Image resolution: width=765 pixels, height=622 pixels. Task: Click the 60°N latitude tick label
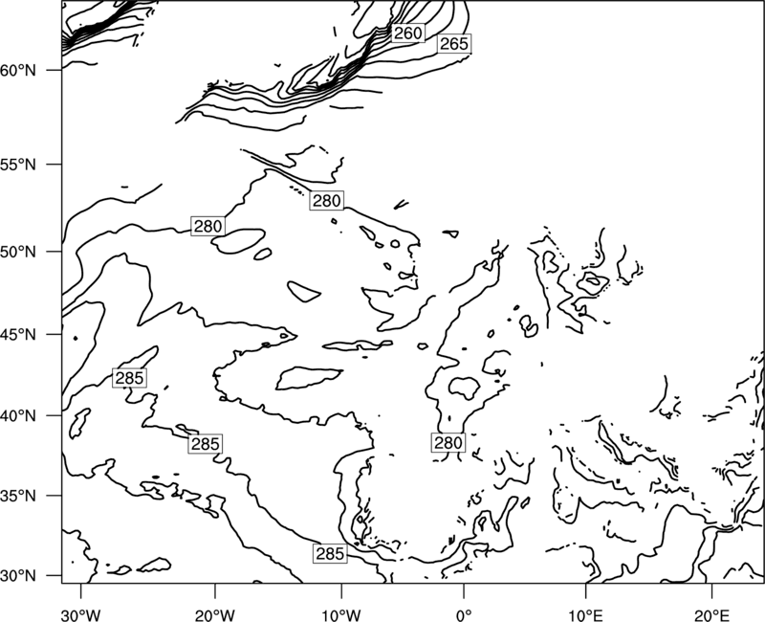pyautogui.click(x=18, y=70)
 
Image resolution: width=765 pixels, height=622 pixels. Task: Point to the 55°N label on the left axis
pyautogui.click(x=18, y=165)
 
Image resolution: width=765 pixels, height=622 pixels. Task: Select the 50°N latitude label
pyautogui.click(x=18, y=252)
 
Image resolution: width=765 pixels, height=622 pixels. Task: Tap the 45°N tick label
pyautogui.click(x=18, y=334)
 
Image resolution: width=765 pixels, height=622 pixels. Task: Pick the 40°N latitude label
pyautogui.click(x=18, y=415)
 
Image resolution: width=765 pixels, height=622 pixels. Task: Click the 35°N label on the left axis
pyautogui.click(x=18, y=496)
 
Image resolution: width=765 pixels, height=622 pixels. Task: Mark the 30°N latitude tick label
pyautogui.click(x=18, y=576)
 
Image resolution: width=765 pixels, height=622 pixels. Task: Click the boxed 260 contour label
pyautogui.click(x=407, y=33)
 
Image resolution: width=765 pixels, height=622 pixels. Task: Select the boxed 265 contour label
pyautogui.click(x=453, y=44)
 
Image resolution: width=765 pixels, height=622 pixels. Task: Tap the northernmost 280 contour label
pyautogui.click(x=326, y=201)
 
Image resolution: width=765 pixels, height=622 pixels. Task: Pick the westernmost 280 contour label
pyautogui.click(x=208, y=226)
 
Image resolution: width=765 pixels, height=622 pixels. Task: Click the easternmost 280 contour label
pyautogui.click(x=448, y=442)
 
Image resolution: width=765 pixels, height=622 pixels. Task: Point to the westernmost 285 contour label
pyautogui.click(x=129, y=378)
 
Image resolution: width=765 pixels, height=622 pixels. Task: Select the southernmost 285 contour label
pyautogui.click(x=330, y=554)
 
